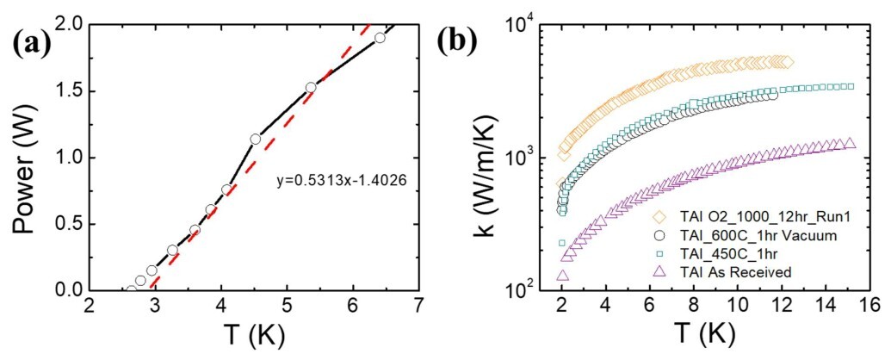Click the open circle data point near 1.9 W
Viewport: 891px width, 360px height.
380,38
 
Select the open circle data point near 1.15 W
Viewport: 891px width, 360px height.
255,139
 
